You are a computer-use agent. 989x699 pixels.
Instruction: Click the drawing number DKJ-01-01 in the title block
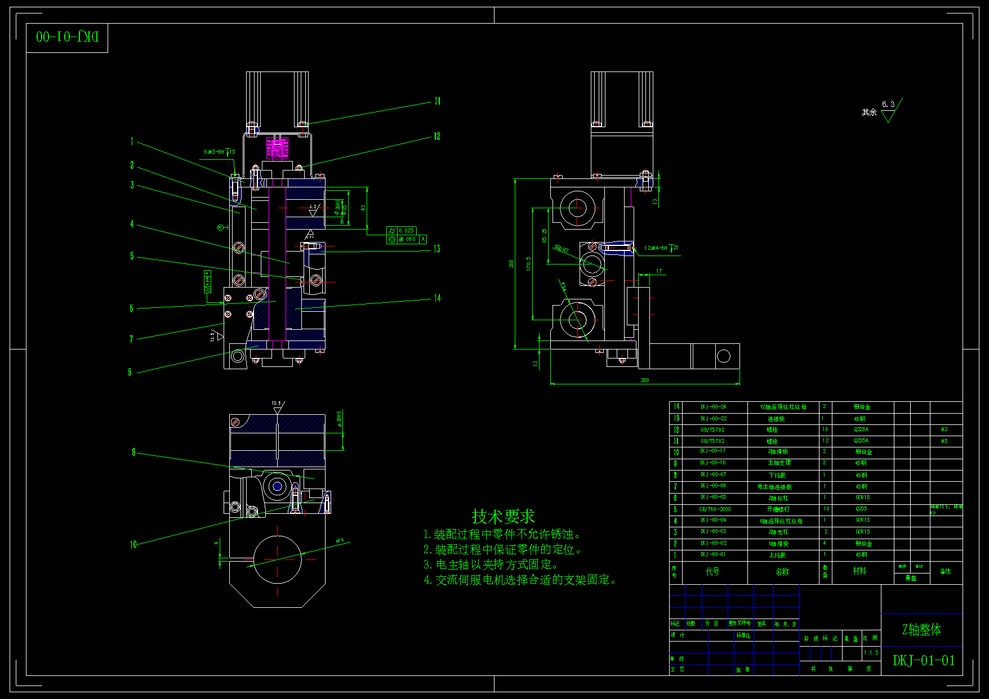tap(924, 660)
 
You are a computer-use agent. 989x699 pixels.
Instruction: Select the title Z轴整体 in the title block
tap(921, 630)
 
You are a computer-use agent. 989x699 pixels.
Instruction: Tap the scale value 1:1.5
tap(871, 653)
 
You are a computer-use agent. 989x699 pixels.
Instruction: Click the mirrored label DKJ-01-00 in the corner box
tap(67, 37)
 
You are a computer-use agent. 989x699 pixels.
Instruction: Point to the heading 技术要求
tap(503, 516)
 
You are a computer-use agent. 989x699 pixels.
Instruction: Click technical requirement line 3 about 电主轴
tap(491, 564)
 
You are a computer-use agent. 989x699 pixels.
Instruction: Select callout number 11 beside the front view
tap(438, 101)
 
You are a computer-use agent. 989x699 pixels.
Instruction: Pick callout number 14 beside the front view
tap(437, 298)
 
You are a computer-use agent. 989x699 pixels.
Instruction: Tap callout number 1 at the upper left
tap(132, 141)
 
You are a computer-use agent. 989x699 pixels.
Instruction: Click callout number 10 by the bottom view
tap(133, 545)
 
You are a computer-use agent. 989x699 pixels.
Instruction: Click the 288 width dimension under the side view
tap(645, 380)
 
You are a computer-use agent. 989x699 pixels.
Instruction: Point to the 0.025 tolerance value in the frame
tap(406, 231)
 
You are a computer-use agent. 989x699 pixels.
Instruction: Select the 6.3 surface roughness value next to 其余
tap(888, 105)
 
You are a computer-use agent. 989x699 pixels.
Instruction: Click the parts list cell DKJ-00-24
tap(713, 407)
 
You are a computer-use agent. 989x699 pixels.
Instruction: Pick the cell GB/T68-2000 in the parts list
tap(715, 509)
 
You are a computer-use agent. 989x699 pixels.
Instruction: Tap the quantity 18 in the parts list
tap(826, 509)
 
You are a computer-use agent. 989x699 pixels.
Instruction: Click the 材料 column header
tap(859, 571)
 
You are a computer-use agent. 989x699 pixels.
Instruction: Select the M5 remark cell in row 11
tap(945, 441)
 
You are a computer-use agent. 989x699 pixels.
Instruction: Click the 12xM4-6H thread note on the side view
tap(657, 248)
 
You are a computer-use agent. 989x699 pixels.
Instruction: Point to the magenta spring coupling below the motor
tap(276, 148)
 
